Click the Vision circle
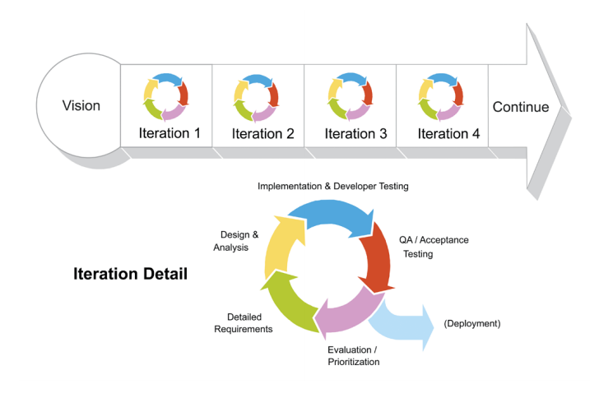pyautogui.click(x=81, y=106)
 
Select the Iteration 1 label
pyautogui.click(x=169, y=133)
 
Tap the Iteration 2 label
pyautogui.click(x=262, y=133)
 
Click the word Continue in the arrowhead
pyautogui.click(x=520, y=107)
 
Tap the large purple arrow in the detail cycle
pyautogui.click(x=346, y=313)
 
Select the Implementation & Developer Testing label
pyautogui.click(x=332, y=187)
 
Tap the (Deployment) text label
pyautogui.click(x=471, y=324)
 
